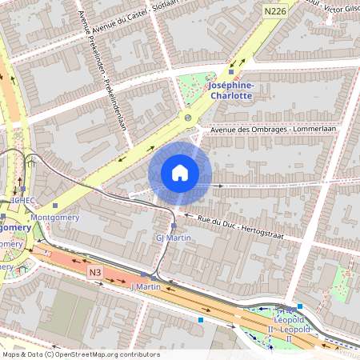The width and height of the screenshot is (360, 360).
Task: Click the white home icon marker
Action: pyautogui.click(x=180, y=173)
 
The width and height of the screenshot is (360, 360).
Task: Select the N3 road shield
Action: pyautogui.click(x=95, y=272)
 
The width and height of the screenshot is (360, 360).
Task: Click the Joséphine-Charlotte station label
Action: pyautogui.click(x=230, y=90)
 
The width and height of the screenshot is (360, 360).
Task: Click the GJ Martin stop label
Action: pyautogui.click(x=172, y=238)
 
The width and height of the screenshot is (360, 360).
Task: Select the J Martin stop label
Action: pyautogui.click(x=146, y=286)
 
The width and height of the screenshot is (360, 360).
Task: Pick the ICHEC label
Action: pyautogui.click(x=22, y=200)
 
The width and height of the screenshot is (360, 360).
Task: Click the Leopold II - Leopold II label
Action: pyautogui.click(x=288, y=325)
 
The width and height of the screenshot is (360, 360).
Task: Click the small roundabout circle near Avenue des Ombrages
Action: pyautogui.click(x=188, y=118)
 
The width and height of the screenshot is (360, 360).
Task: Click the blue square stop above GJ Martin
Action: pyautogui.click(x=174, y=226)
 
